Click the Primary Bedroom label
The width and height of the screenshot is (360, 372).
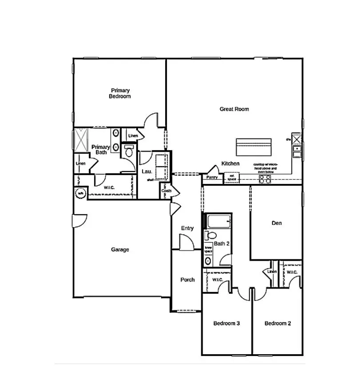[x=120, y=93]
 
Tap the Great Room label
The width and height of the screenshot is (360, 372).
[x=234, y=109]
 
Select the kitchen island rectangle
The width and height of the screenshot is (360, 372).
[x=253, y=145]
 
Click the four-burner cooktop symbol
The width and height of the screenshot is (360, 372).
[x=265, y=179]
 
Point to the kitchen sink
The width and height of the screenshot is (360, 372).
[x=296, y=152]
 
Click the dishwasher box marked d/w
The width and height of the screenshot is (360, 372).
[x=296, y=140]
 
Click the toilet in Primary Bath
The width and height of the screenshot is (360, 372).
[x=129, y=151]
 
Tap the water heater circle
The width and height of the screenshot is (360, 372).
[x=81, y=193]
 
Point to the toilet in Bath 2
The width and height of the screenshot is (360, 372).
[x=210, y=236]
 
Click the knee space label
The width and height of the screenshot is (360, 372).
[x=208, y=250]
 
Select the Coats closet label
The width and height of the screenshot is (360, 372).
[x=166, y=191]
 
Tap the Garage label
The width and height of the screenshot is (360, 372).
[x=120, y=250]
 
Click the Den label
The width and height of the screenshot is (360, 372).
[x=277, y=223]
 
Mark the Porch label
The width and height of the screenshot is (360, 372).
[x=187, y=280]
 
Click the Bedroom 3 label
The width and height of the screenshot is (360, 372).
[x=226, y=323]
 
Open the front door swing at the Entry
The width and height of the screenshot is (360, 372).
[x=186, y=242]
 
